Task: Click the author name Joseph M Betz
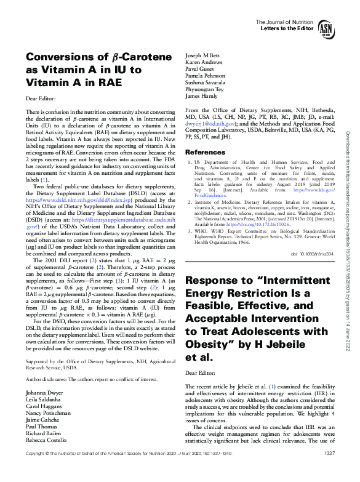[206, 55]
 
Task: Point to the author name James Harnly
[202, 95]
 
